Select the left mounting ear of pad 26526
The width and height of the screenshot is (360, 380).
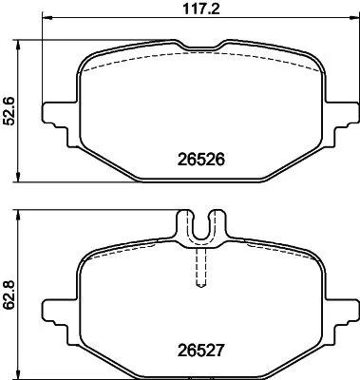[x=59, y=109]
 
